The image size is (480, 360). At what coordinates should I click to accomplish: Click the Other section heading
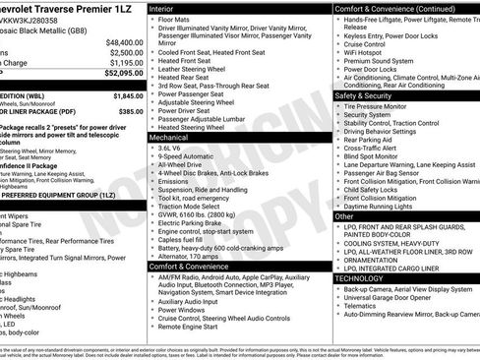344,215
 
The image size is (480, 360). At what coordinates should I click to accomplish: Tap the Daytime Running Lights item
381,206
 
